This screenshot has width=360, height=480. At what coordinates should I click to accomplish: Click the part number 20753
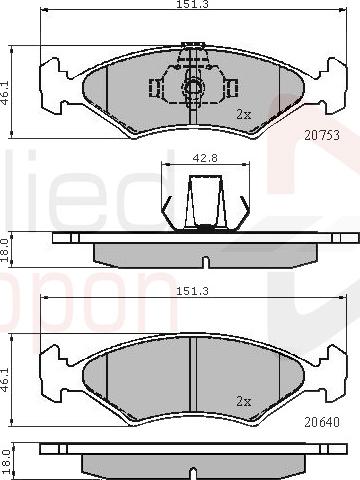click(322, 135)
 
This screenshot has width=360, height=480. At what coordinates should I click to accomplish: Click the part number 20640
click(322, 422)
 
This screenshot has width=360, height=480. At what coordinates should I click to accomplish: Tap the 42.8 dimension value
click(205, 158)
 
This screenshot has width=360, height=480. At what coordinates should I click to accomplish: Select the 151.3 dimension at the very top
click(192, 4)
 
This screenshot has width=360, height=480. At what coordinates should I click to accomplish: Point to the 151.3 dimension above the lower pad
click(192, 291)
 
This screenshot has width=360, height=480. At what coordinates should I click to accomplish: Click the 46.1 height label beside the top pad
click(5, 93)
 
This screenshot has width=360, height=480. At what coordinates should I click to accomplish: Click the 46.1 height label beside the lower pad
click(5, 380)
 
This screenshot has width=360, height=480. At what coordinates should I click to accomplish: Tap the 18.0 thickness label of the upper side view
click(5, 250)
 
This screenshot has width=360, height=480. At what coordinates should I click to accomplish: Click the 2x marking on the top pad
click(243, 115)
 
